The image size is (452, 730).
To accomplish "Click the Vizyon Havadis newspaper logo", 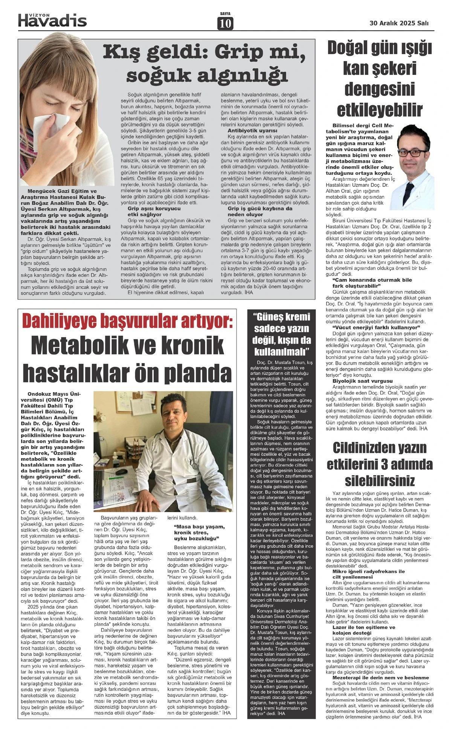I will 52,19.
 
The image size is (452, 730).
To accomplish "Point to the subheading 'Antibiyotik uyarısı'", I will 247,130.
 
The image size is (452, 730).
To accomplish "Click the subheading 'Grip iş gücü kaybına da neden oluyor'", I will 260,211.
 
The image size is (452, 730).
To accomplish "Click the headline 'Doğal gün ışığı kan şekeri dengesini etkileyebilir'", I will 379,79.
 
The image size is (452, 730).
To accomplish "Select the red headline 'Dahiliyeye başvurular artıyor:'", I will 128,322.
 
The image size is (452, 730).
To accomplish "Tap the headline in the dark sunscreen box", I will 282,334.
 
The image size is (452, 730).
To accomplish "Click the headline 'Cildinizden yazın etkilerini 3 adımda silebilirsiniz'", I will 380,464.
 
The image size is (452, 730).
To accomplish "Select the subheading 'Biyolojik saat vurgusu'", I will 362,381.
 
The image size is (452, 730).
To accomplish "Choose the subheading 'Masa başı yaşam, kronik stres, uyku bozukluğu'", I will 199,533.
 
